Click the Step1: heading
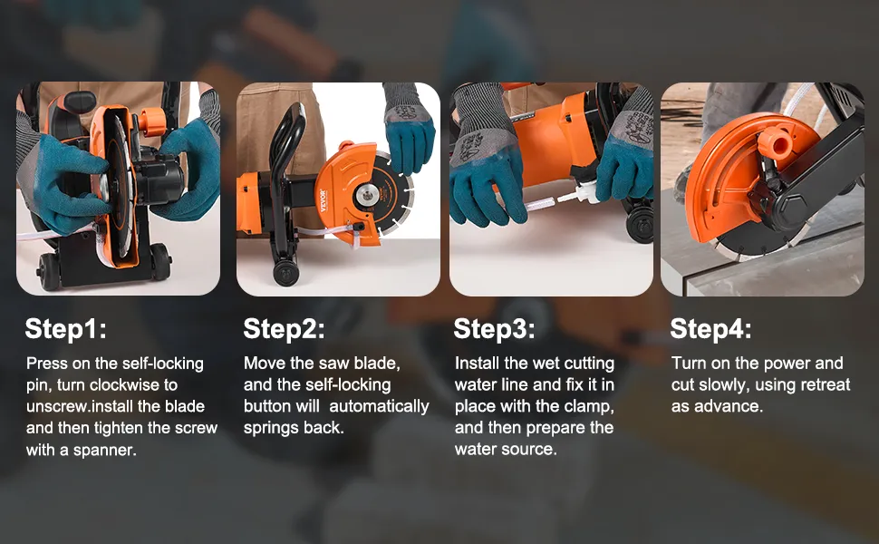pos(65,328)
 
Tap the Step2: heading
pos(284,328)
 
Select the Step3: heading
pos(494,328)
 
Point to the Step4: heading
pos(710,328)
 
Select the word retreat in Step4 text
pos(826,384)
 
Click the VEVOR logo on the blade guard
pos(323,200)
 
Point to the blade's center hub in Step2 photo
pos(368,196)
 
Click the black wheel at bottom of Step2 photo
pos(286,274)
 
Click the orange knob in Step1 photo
pos(152,121)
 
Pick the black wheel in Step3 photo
pos(639,224)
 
